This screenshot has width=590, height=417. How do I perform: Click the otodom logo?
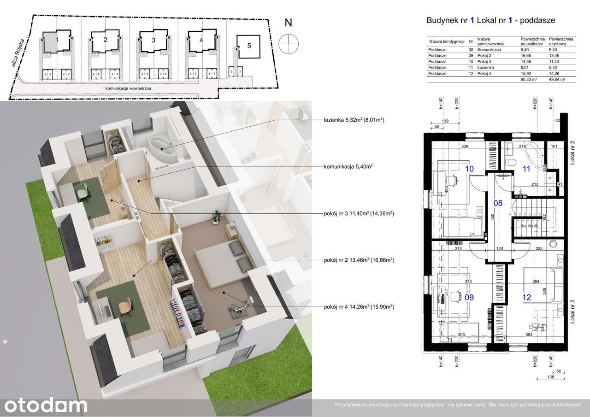[x=44, y=405]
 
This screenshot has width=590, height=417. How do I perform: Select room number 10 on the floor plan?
[x=469, y=169]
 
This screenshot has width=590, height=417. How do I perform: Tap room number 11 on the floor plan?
[x=526, y=169]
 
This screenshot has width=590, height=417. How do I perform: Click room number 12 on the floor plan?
[x=527, y=298]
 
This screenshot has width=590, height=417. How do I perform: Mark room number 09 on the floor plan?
[x=469, y=298]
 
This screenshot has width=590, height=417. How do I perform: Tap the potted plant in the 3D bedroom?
[x=216, y=216]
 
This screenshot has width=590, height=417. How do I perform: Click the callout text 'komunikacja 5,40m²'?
[x=347, y=167]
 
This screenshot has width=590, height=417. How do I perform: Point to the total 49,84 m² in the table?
[x=556, y=79]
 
